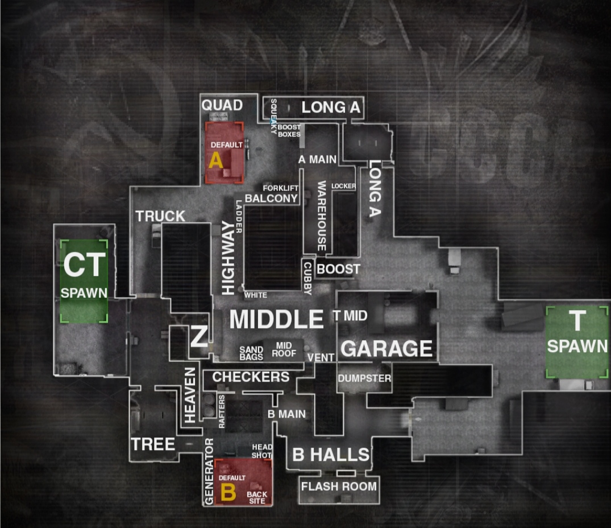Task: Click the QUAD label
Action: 222,105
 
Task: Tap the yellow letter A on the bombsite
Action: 216,160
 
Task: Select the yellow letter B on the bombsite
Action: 227,493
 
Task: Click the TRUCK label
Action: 160,216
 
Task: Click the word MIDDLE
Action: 276,320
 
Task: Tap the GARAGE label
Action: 386,348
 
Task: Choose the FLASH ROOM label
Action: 339,486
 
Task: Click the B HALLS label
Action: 331,455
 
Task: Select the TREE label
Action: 153,444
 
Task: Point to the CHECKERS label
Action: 251,377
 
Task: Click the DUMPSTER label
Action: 364,378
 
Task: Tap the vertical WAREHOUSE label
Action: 322,216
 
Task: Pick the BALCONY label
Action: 271,198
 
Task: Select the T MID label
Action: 350,316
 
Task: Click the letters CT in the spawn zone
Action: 84,265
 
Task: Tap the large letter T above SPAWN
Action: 577,322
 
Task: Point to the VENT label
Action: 321,357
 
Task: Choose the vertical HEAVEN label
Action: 190,394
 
